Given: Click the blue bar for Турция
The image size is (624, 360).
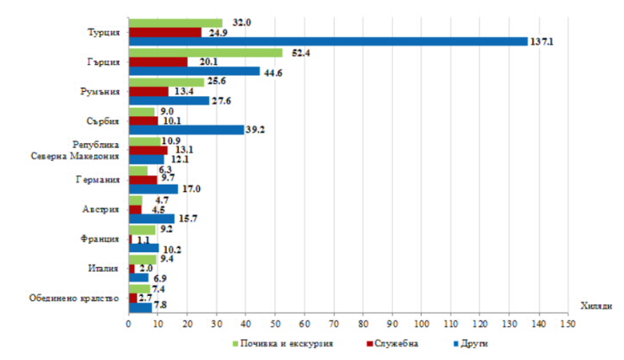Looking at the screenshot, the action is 328,41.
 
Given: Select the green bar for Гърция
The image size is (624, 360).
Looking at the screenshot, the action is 206,53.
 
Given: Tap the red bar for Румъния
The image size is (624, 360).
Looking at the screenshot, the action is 148,92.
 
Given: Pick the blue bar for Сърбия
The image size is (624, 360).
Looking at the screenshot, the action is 186,130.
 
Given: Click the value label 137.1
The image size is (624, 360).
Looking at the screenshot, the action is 541,42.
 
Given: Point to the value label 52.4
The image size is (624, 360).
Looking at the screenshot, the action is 301,53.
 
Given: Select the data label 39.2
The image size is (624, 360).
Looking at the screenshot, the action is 256,130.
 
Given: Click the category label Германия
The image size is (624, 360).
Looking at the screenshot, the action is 98,180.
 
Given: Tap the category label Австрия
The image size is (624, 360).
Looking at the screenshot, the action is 100,209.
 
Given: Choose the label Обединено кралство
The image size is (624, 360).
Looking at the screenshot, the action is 74,298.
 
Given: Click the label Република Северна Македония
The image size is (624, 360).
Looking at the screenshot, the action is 75,150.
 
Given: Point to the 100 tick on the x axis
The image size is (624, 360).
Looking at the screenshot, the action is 422,324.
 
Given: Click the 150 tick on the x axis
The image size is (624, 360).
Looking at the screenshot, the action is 568,324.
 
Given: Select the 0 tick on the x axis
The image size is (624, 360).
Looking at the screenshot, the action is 128,324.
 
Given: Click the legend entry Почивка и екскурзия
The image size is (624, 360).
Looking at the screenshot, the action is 282,344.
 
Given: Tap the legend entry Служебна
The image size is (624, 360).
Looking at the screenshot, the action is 392,344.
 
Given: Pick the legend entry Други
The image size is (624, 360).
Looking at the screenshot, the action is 471,344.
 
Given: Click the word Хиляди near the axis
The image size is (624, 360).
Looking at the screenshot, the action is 596,306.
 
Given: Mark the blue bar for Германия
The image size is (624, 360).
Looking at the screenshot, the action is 153,189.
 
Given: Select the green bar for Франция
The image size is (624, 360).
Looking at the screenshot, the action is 142,230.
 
